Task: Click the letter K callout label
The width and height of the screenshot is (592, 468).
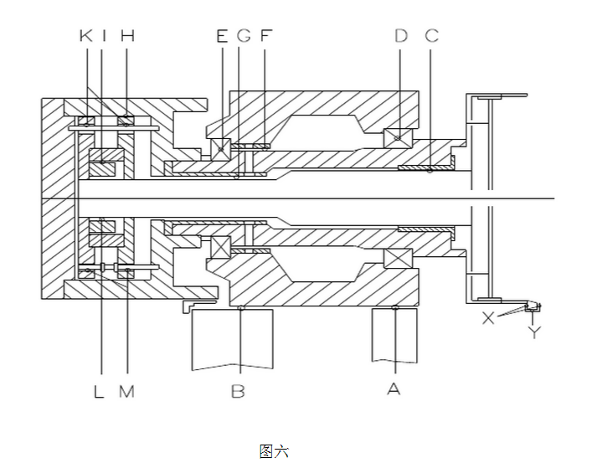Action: pyautogui.click(x=86, y=36)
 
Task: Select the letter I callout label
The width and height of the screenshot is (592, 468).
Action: pyautogui.click(x=104, y=36)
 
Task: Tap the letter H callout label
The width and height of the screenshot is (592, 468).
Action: pyautogui.click(x=127, y=36)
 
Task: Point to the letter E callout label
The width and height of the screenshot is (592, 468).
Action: pyautogui.click(x=223, y=36)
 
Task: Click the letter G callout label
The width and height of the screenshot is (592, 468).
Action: pyautogui.click(x=244, y=36)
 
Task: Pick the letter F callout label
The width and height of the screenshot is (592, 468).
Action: pyautogui.click(x=266, y=36)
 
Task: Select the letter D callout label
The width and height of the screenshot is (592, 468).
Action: pyautogui.click(x=401, y=36)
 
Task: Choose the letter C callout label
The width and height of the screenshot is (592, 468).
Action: pyautogui.click(x=432, y=36)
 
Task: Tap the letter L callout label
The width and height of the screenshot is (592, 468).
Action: pyautogui.click(x=99, y=392)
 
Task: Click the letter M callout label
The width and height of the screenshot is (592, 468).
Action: pyautogui.click(x=127, y=392)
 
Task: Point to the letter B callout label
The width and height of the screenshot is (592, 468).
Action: pyautogui.click(x=238, y=392)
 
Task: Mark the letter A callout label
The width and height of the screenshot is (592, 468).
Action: pyautogui.click(x=394, y=388)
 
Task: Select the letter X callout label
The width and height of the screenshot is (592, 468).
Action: pyautogui.click(x=488, y=318)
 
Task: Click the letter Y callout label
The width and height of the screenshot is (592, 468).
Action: pyautogui.click(x=534, y=332)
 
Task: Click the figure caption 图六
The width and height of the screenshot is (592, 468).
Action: pyautogui.click(x=274, y=451)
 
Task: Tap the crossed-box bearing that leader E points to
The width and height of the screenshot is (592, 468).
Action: pyautogui.click(x=220, y=149)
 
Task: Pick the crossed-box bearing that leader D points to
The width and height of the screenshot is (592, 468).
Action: pyautogui.click(x=398, y=138)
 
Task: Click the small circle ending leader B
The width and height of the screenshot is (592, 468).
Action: pyautogui.click(x=241, y=308)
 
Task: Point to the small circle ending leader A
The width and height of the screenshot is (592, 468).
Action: pyautogui.click(x=395, y=307)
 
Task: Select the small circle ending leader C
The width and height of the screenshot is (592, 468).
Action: pyautogui.click(x=430, y=171)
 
